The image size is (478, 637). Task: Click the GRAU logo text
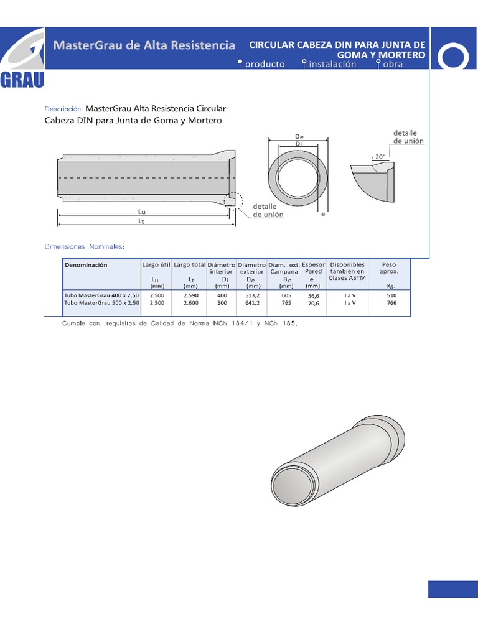22,81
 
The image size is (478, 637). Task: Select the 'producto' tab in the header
265,64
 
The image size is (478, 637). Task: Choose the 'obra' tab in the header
393,64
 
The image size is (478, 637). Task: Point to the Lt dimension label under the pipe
141,221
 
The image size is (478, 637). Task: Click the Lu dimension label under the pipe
141,212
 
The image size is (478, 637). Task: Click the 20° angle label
380,157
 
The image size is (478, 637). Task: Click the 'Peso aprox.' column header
389,268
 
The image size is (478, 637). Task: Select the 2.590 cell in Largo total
191,295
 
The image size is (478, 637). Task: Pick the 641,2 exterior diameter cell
252,302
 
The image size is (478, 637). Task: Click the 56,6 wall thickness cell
313,297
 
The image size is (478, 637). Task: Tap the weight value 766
391,303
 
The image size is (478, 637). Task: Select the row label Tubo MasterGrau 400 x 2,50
101,295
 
